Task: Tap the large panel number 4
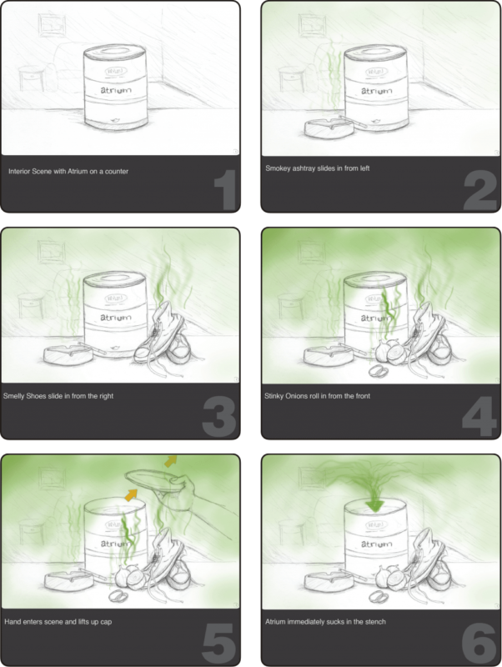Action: coord(479,418)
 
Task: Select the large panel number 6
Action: coord(479,643)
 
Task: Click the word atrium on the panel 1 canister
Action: coord(116,90)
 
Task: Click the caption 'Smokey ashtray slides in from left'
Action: coord(318,168)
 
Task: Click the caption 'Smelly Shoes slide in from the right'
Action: coord(58,395)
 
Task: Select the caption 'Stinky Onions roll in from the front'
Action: coord(318,395)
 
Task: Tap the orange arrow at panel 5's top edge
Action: coord(171,461)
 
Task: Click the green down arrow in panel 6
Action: coord(374,504)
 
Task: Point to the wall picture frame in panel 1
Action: coord(53,25)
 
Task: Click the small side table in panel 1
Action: coord(31,78)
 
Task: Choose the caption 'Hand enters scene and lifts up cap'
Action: coord(58,621)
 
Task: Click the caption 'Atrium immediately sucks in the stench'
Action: coord(325,621)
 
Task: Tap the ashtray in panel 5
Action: coord(68,581)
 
